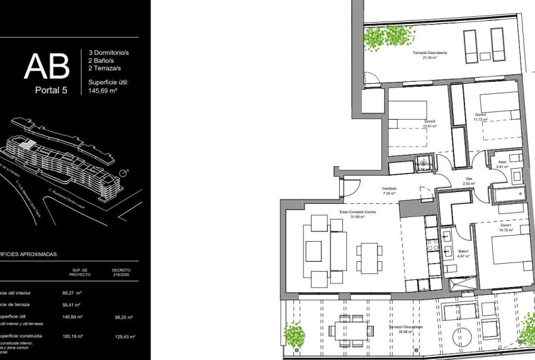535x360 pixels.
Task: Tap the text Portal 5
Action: click(x=52, y=90)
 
